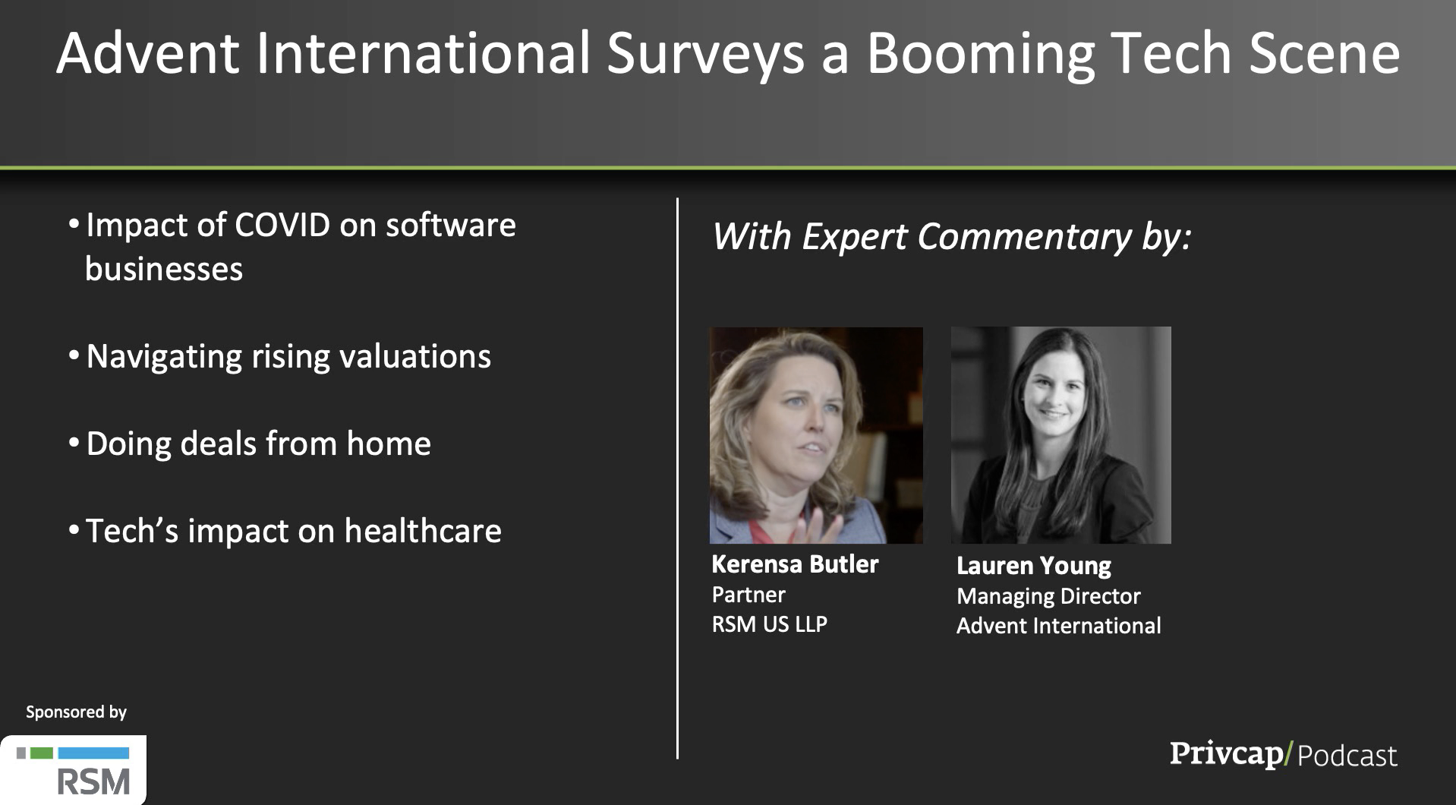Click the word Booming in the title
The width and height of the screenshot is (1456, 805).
(980, 55)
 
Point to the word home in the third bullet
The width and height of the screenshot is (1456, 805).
(389, 444)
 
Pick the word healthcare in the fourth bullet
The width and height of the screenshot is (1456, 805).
(423, 531)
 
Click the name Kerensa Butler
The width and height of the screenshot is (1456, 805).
(795, 564)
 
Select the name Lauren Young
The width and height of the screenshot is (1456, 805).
(1034, 566)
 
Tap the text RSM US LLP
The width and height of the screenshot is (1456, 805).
(769, 624)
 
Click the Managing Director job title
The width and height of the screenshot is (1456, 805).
(1048, 597)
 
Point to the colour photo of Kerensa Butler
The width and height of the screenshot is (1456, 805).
(816, 435)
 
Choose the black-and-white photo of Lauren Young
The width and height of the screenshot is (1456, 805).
(1061, 435)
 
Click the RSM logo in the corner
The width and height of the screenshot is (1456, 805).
(74, 770)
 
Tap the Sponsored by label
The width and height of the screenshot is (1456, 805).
(76, 712)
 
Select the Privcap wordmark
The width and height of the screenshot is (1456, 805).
(1226, 753)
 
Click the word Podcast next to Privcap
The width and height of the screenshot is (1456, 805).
(1347, 756)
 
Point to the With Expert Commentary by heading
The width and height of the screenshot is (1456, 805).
(952, 238)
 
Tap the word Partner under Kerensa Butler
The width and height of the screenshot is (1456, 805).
(748, 595)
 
